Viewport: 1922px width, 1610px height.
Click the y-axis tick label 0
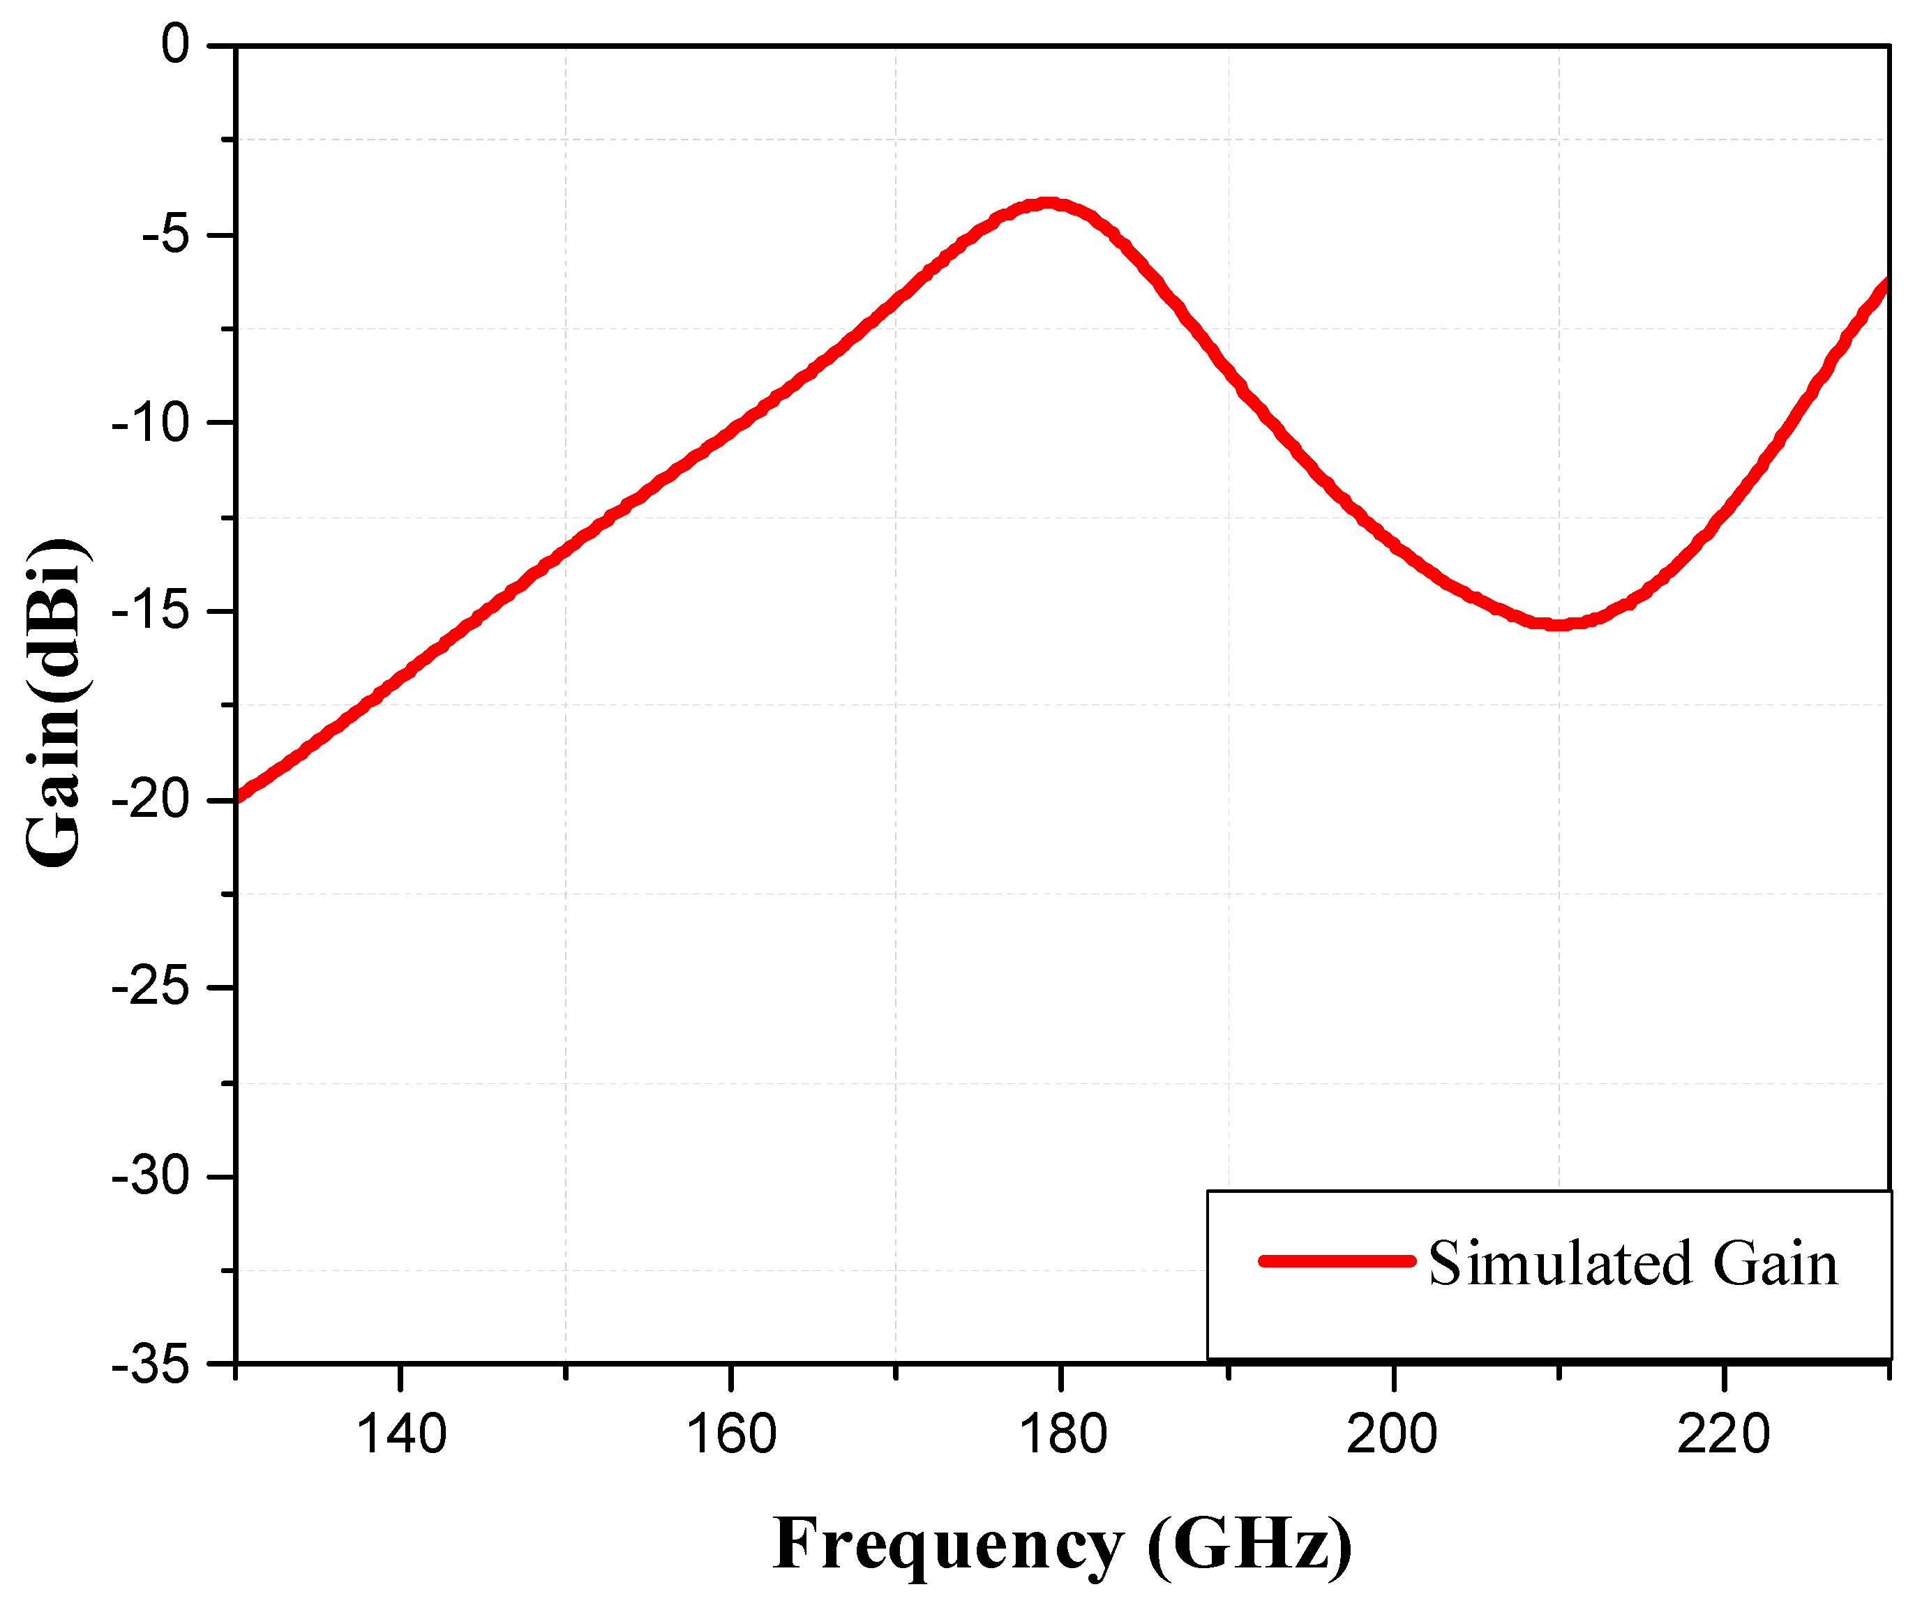click(x=175, y=45)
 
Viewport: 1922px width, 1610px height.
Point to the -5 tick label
click(x=165, y=235)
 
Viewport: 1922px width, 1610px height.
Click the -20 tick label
click(x=150, y=801)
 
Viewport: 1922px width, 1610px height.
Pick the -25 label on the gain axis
click(x=150, y=988)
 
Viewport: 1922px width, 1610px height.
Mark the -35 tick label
click(x=150, y=1367)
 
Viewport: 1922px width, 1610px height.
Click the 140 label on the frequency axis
click(x=401, y=1434)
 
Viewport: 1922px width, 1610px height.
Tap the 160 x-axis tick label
click(x=731, y=1434)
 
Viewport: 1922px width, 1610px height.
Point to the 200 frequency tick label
click(x=1392, y=1434)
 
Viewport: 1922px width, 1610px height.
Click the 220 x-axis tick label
click(x=1722, y=1434)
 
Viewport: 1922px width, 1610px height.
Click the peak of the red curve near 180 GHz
click(x=1048, y=204)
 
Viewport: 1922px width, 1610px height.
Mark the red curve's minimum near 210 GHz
click(x=1559, y=624)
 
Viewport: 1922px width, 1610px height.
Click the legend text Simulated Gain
click(x=1632, y=1264)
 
